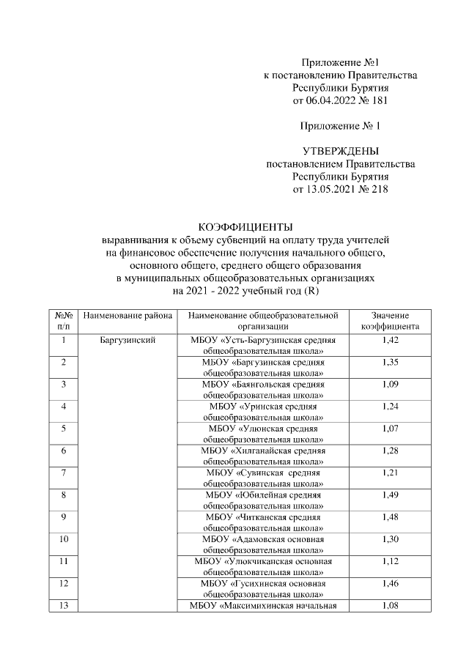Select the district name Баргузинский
tap(128, 341)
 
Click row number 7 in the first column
tap(64, 473)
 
